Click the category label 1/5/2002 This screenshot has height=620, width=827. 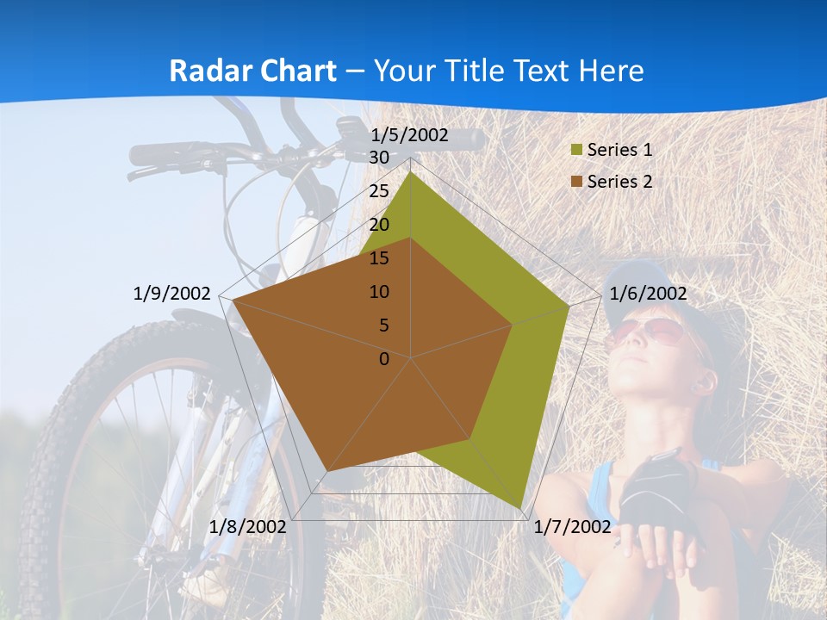(x=409, y=135)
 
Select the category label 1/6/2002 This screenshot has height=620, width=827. (x=648, y=294)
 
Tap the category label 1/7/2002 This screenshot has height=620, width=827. (x=572, y=526)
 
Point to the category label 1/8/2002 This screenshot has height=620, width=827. (x=247, y=526)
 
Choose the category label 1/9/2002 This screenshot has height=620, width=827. (x=171, y=294)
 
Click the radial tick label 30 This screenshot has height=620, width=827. (x=378, y=158)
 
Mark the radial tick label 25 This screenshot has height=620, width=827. (x=378, y=191)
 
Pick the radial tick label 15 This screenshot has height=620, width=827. (x=378, y=258)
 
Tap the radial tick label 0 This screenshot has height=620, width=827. (x=384, y=359)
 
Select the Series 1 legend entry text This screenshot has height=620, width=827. (x=619, y=150)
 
